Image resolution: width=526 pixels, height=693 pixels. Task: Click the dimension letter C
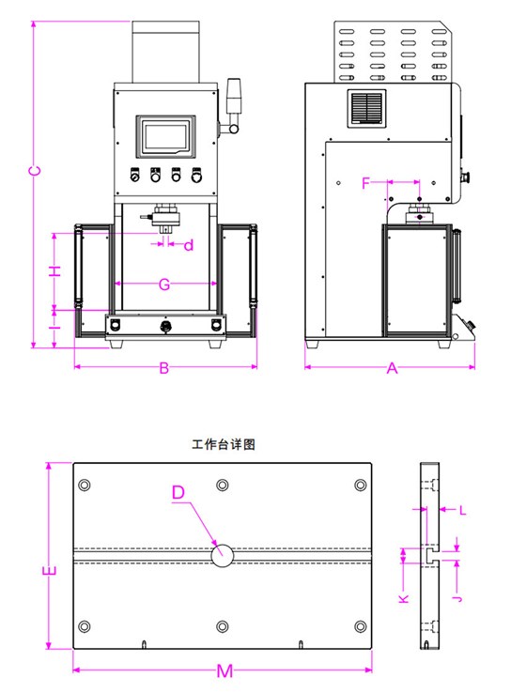click(x=34, y=171)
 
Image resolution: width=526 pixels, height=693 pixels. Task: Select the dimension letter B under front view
click(x=163, y=368)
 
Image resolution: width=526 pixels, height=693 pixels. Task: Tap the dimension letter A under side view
click(x=393, y=369)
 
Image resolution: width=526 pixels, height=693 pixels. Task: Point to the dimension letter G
click(x=163, y=284)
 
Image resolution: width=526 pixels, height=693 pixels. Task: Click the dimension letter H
click(x=55, y=270)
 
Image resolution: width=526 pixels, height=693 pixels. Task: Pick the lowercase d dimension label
click(x=189, y=246)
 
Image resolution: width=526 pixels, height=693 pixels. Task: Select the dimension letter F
click(x=367, y=183)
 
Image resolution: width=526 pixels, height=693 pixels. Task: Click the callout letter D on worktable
click(x=179, y=493)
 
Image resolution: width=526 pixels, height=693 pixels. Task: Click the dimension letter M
click(x=224, y=670)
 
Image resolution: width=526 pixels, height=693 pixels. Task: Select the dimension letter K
click(x=403, y=598)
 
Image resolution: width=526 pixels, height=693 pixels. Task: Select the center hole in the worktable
click(x=223, y=554)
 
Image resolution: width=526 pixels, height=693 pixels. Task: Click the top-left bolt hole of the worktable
click(x=85, y=485)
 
